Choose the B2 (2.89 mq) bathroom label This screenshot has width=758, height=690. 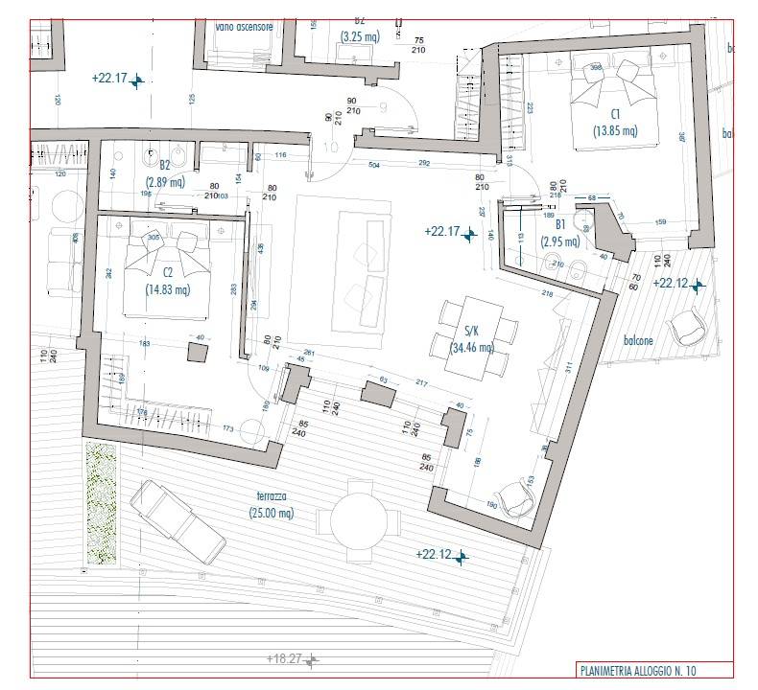tap(164, 172)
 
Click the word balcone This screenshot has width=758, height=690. tap(639, 340)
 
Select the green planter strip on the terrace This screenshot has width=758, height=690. tap(100, 504)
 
